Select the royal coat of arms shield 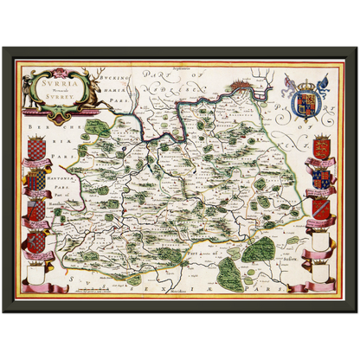pyautogui.click(x=307, y=102)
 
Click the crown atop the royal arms pyautogui.click(x=307, y=86)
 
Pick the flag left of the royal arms pyautogui.click(x=289, y=82)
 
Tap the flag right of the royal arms pyautogui.click(x=325, y=82)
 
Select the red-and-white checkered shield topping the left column pyautogui.click(x=35, y=151)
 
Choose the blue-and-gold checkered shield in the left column pyautogui.click(x=35, y=182)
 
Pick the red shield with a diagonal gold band pyautogui.click(x=322, y=207)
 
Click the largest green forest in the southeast pyautogui.click(x=258, y=248)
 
